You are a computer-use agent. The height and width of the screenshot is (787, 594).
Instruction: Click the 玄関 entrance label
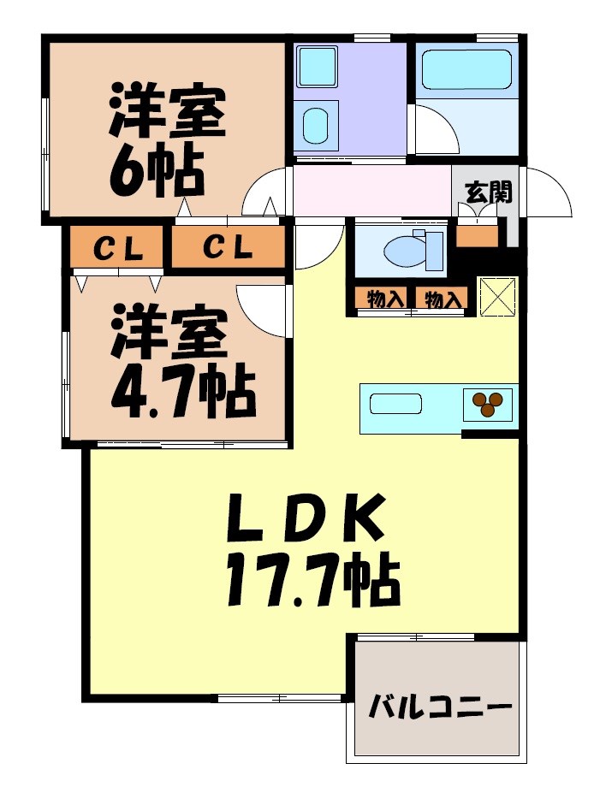click(x=489, y=192)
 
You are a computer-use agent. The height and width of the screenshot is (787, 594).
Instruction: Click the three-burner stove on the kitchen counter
click(x=489, y=402)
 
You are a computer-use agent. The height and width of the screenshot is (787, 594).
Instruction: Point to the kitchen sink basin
click(x=395, y=403)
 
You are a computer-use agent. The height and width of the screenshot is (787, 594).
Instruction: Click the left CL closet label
click(x=116, y=249)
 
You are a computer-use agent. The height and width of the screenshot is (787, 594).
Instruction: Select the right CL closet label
click(x=228, y=249)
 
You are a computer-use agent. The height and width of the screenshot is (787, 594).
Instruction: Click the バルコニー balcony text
click(x=440, y=708)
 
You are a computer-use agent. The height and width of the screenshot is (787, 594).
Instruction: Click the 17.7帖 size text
click(x=312, y=583)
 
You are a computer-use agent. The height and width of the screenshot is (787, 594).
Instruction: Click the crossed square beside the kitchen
click(x=497, y=296)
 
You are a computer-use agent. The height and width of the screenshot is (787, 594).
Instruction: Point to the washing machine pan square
click(x=317, y=66)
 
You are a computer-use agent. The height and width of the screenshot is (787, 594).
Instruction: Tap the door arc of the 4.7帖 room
click(x=264, y=310)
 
